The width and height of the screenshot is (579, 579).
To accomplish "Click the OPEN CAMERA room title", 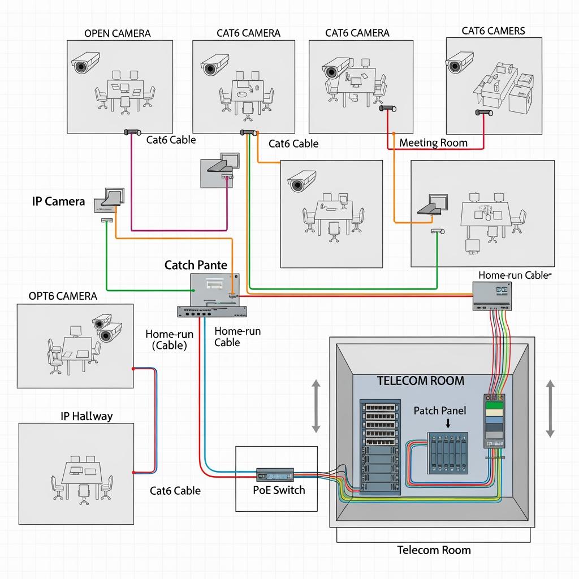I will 117,33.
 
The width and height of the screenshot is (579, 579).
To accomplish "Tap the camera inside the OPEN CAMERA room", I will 86,63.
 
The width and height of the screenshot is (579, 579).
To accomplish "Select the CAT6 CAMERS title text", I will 493,31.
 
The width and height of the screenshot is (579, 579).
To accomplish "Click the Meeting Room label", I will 433,142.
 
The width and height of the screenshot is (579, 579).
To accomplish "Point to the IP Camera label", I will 59,201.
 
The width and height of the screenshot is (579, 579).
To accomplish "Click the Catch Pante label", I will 196,265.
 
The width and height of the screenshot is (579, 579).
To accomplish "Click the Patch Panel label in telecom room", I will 440,411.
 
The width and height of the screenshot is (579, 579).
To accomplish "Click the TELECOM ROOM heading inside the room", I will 420,381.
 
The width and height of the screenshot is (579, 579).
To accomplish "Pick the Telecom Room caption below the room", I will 434,550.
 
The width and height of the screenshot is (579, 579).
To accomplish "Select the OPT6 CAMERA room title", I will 62,296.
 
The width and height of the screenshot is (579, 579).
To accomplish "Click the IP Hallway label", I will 87,416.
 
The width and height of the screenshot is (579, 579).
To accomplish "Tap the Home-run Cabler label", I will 514,275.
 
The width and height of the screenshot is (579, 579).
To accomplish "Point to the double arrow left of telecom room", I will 316,407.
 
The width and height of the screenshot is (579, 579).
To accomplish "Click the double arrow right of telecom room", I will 550,408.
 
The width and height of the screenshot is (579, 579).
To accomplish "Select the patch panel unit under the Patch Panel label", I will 448,453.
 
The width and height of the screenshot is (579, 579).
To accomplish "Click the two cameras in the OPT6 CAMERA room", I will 107,328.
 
